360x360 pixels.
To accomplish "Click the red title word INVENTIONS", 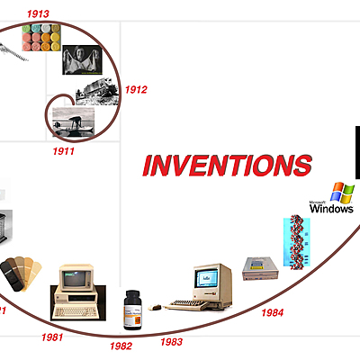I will point(228,165).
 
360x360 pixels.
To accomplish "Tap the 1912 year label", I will point(137,89).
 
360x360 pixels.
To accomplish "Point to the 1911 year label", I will point(62,150).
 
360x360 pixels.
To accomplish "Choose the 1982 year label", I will point(121,346).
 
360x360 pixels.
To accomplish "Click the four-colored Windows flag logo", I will point(342,192).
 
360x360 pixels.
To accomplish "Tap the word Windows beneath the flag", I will point(332,208).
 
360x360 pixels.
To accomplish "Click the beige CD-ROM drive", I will point(260,269).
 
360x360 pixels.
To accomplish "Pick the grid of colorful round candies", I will point(42,39).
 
